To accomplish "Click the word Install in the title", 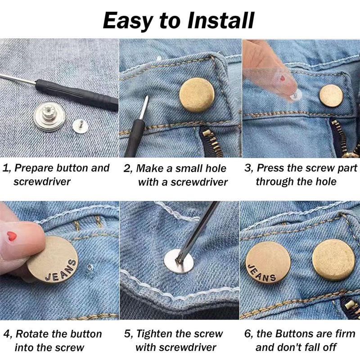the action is coord(220,20).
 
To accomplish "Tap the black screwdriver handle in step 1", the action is coord(77,94).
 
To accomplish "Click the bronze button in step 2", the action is coord(197,95).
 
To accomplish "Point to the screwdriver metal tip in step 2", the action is coord(144,108).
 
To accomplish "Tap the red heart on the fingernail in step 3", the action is coord(283,78).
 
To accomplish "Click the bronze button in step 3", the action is coord(331,96).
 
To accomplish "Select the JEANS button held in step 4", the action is coord(53,260).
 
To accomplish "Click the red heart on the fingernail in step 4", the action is coord(12,236).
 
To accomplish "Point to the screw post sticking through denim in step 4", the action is coord(90,268).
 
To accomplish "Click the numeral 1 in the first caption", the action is coord(5,168).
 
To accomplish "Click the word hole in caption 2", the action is coord(216,168).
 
